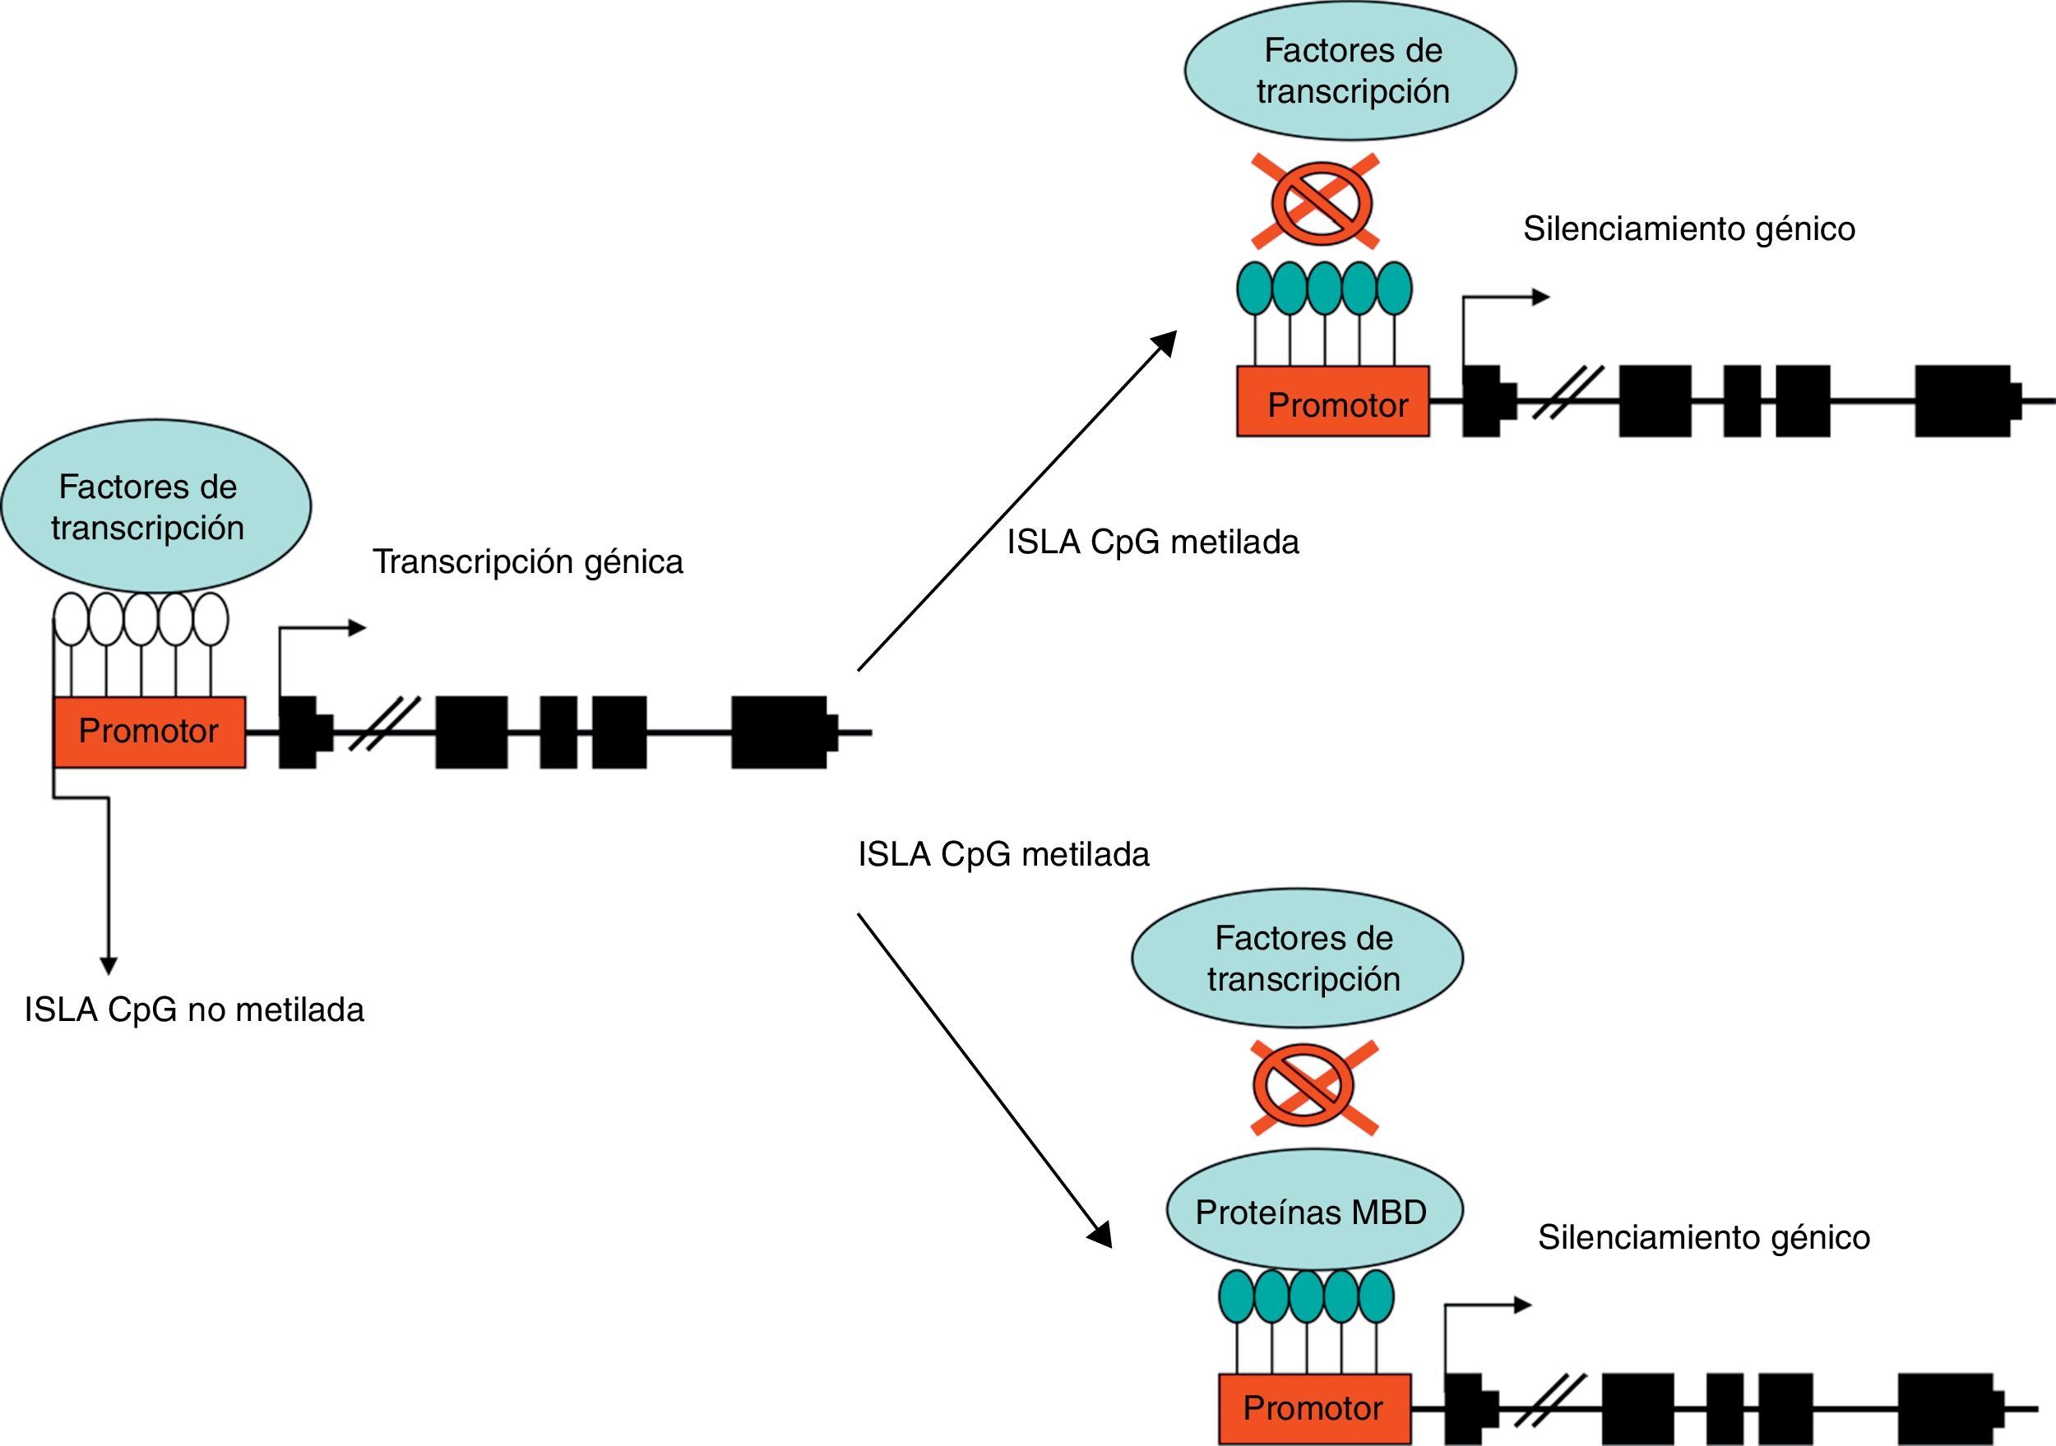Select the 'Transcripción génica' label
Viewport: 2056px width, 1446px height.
[x=527, y=561]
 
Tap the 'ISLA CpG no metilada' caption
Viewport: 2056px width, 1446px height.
[x=194, y=1010]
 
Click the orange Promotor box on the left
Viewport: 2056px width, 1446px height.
[x=150, y=732]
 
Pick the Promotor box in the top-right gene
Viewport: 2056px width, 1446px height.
[x=1332, y=402]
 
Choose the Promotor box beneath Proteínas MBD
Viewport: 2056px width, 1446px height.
[x=1313, y=1408]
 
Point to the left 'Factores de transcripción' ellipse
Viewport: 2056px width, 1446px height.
[x=155, y=506]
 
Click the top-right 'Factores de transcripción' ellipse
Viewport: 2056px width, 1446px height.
[x=1350, y=71]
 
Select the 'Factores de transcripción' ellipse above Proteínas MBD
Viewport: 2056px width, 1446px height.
[x=1298, y=957]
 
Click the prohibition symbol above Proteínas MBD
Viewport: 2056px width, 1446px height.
[x=1313, y=1087]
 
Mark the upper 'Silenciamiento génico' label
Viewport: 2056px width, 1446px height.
[x=1689, y=229]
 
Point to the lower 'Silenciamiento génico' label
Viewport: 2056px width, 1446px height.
[x=1703, y=1237]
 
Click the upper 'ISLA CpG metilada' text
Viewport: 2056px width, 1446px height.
[x=1152, y=542]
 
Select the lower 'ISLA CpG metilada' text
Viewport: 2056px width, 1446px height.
[x=1003, y=854]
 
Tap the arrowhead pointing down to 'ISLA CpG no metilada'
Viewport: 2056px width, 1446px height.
[x=109, y=965]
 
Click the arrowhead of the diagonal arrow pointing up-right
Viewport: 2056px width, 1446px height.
[x=1166, y=341]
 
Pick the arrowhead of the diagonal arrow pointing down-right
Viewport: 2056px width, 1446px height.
[x=1101, y=1236]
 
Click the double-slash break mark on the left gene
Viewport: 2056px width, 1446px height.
[x=383, y=723]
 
